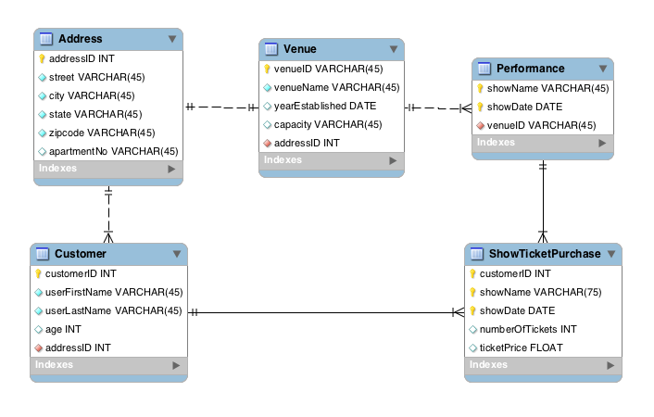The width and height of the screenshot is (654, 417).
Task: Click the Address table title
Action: pos(80,39)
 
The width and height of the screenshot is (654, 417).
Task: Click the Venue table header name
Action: pos(299,48)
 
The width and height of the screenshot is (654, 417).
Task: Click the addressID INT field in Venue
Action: pos(307,143)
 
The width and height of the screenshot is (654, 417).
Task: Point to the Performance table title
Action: pos(530,69)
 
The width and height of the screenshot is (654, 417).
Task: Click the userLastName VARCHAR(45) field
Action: pos(113,310)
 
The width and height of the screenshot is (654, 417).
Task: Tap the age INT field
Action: pos(63,329)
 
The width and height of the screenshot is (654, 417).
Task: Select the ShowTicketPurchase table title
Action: pos(545,254)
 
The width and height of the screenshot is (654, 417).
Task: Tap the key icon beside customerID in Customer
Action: pos(38,273)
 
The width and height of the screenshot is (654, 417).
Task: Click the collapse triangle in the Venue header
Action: pos(393,49)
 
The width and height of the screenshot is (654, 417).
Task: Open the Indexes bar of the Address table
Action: pos(108,170)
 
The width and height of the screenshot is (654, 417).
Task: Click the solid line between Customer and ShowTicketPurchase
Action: pos(324,311)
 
